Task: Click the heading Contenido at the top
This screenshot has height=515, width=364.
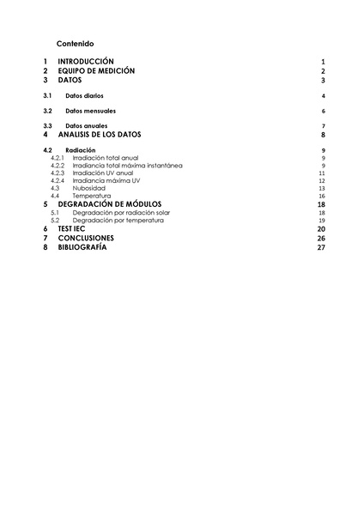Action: pos(76,43)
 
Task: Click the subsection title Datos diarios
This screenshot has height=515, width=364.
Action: pos(84,96)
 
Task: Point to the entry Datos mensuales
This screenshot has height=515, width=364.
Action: pos(90,112)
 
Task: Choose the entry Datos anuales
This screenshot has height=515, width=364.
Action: pos(86,126)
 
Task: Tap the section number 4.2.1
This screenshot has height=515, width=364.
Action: pos(58,158)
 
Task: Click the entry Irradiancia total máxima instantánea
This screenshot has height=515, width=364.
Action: pos(127,166)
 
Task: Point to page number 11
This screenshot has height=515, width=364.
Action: pos(321,173)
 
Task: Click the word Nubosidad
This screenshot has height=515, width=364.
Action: pos(89,189)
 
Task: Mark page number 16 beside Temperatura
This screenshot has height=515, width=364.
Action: pos(321,197)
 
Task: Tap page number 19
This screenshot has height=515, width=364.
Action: pos(321,221)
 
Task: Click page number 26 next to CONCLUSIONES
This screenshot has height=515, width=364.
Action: pos(320,238)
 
